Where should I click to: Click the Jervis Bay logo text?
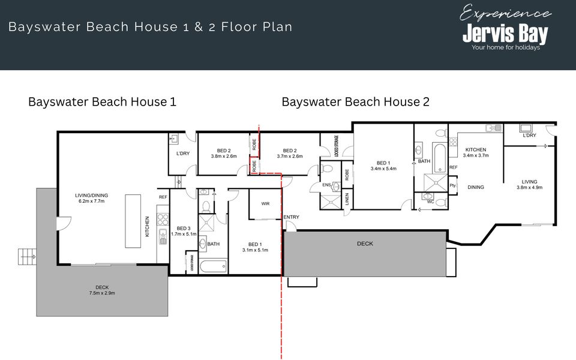(x=505, y=34)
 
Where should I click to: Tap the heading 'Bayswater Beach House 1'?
(x=102, y=101)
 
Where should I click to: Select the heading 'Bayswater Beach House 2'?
(x=355, y=101)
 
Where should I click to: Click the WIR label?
(x=265, y=204)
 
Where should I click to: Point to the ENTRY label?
(x=291, y=217)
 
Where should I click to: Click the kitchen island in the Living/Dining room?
(x=133, y=220)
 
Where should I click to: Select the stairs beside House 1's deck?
(x=27, y=257)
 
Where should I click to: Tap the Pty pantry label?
(x=452, y=186)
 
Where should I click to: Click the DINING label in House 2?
(x=476, y=187)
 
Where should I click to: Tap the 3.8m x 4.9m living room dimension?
(x=529, y=188)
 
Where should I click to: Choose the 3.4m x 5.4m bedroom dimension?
(x=383, y=169)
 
